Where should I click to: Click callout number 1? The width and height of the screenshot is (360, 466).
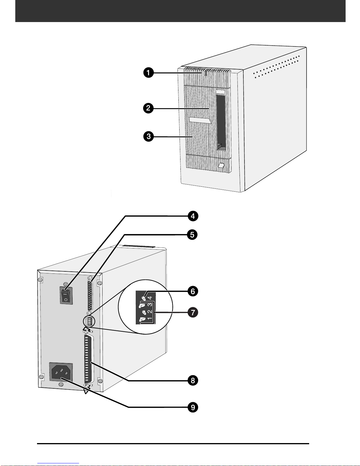click(148, 73)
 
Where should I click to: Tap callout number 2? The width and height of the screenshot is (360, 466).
click(148, 108)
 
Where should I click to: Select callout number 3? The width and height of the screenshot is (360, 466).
click(148, 136)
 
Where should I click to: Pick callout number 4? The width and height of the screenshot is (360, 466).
click(193, 216)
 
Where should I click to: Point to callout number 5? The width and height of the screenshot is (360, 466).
click(192, 235)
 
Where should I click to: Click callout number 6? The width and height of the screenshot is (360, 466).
click(193, 291)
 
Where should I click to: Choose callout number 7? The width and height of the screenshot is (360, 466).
click(193, 312)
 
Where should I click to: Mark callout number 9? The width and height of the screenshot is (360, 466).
click(193, 407)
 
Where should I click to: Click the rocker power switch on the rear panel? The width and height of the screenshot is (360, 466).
click(66, 295)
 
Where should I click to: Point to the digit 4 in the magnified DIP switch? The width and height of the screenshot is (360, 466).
click(150, 298)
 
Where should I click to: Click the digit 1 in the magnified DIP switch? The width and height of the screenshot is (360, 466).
click(150, 319)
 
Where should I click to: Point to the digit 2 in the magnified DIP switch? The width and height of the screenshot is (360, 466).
click(150, 312)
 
